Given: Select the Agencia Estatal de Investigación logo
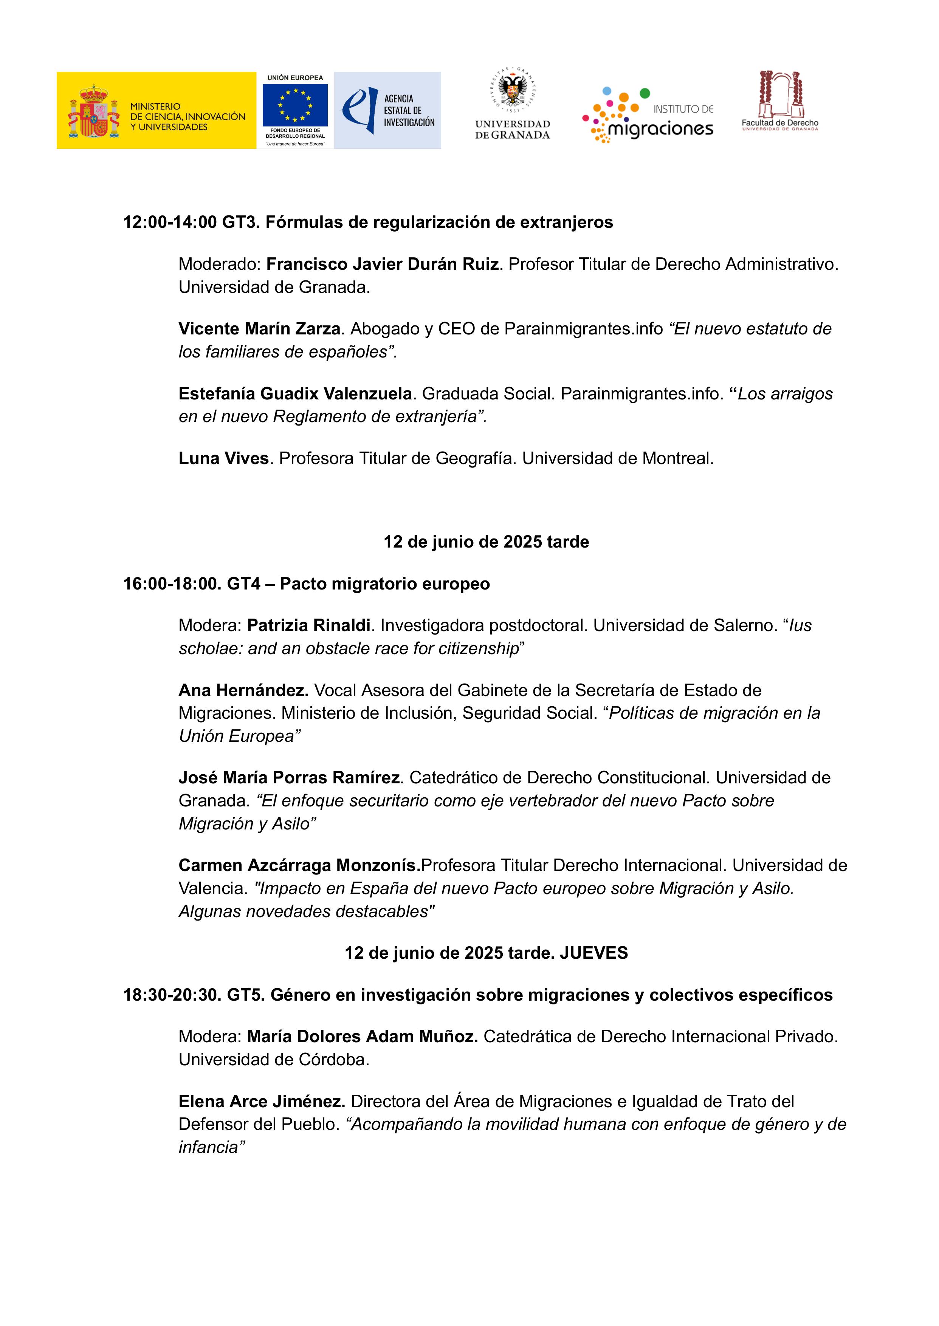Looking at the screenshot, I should pyautogui.click(x=387, y=110).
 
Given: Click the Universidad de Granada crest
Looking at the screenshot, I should pyautogui.click(x=512, y=90).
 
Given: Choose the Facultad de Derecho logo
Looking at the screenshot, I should pyautogui.click(x=780, y=102).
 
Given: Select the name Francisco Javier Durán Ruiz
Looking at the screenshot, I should pyautogui.click(x=382, y=264).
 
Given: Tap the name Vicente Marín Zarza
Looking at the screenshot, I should pyautogui.click(x=259, y=329).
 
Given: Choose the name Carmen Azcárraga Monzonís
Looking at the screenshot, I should pyautogui.click(x=299, y=865).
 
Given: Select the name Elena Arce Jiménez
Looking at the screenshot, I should pyautogui.click(x=261, y=1101).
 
